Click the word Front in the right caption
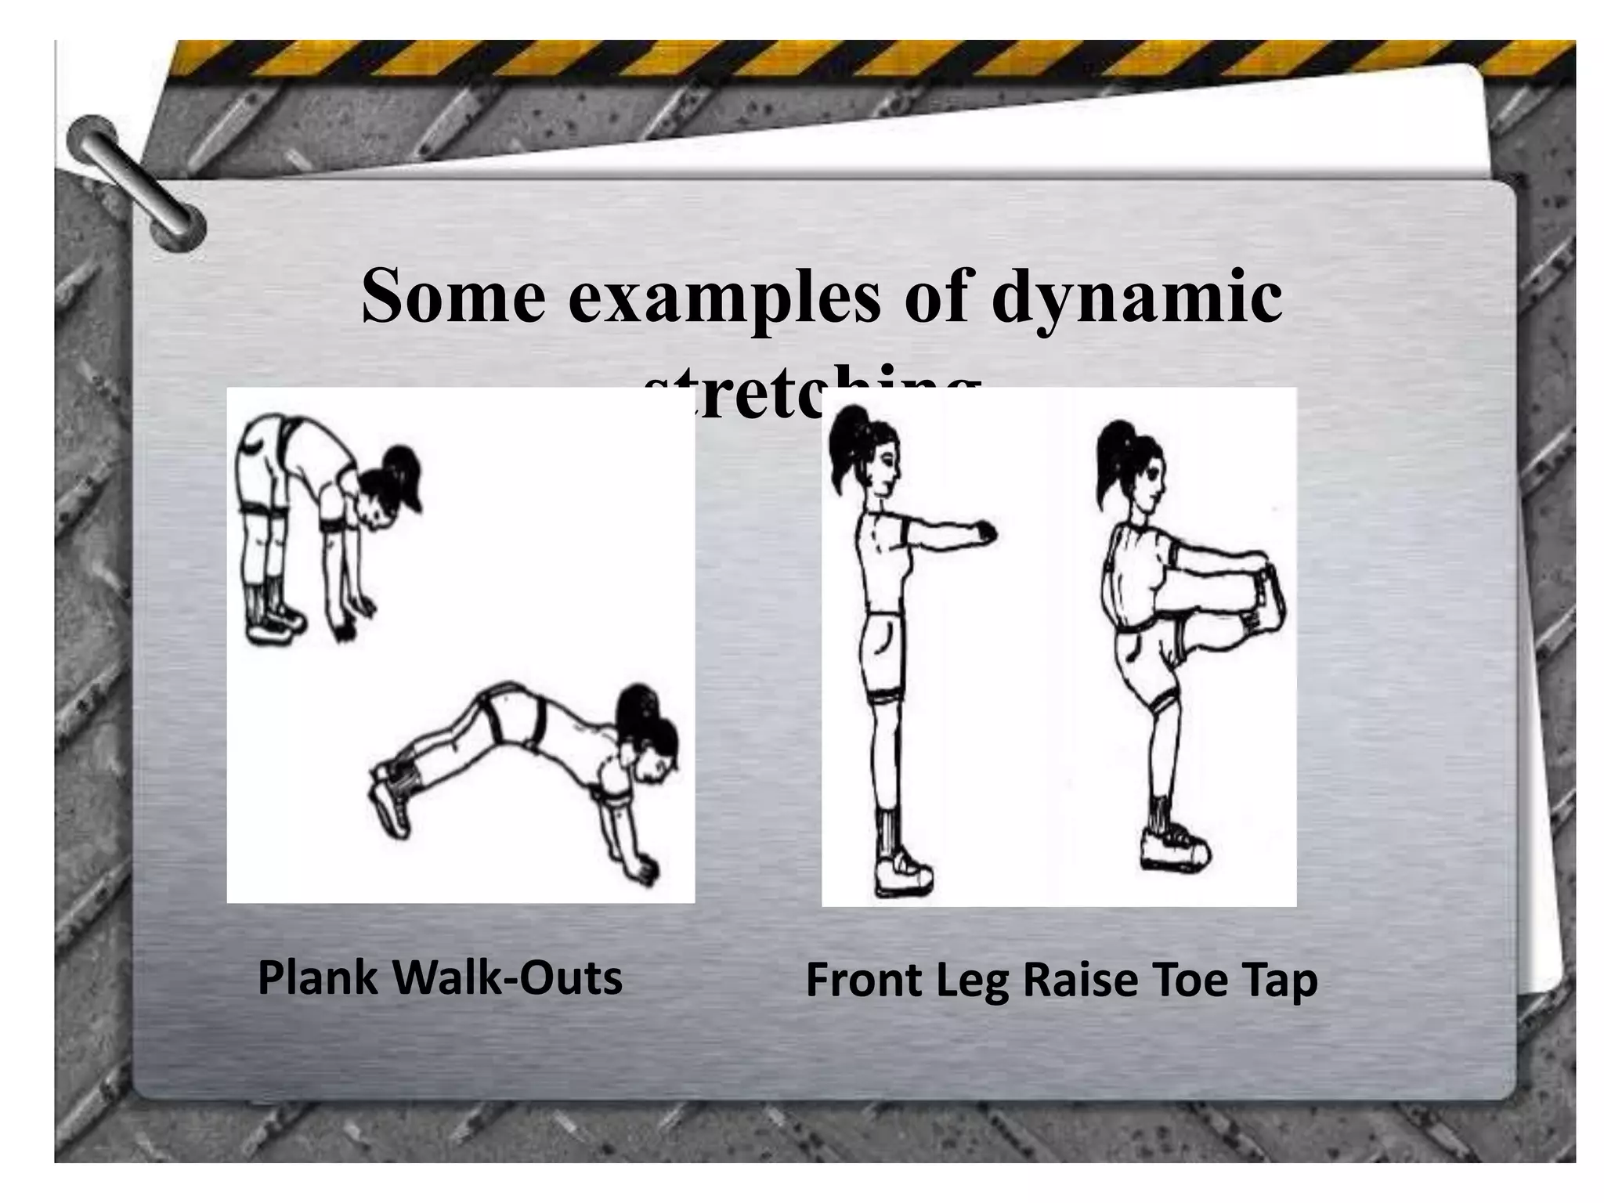[x=862, y=981]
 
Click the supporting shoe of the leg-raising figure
[x=1172, y=850]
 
